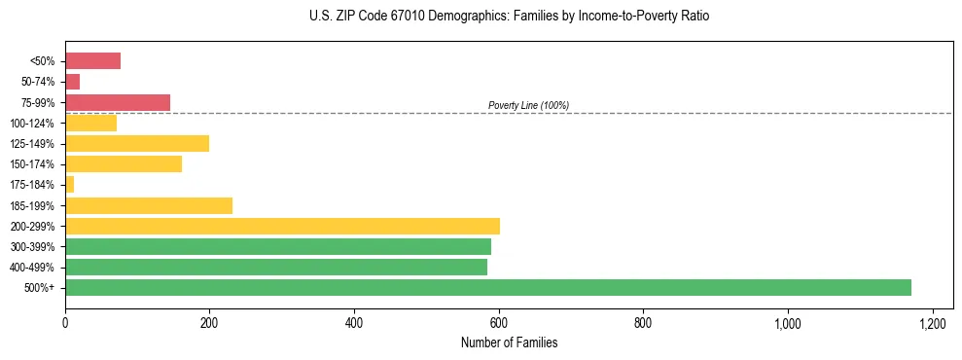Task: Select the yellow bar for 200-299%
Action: [282, 226]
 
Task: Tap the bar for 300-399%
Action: [278, 246]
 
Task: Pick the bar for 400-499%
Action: [276, 267]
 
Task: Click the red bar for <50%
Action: [92, 61]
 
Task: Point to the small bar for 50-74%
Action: [73, 82]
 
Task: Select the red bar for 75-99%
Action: [118, 102]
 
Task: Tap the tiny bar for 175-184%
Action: [70, 185]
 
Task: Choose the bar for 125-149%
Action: [137, 144]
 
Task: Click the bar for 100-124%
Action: [91, 123]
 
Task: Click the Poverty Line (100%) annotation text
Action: [528, 105]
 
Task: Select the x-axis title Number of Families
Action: [509, 342]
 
